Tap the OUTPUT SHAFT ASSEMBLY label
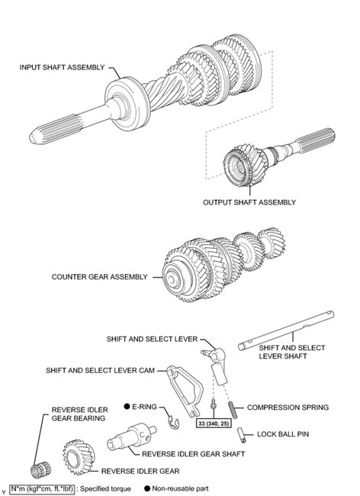[249, 202]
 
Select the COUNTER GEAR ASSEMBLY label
[98, 277]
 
